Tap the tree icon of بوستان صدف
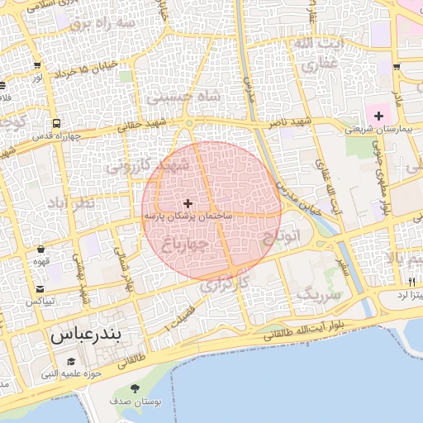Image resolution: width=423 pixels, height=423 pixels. pos(135,389)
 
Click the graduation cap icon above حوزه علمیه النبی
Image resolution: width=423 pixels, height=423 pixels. pos(71,362)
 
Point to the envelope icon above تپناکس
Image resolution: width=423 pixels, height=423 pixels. pos(40,289)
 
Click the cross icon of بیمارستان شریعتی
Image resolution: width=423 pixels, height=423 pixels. pos(379,116)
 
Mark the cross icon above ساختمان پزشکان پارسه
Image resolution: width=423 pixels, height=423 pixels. pos(188,202)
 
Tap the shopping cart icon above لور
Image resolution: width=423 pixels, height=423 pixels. pos(39,65)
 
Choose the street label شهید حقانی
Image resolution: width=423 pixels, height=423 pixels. pos(142,123)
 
